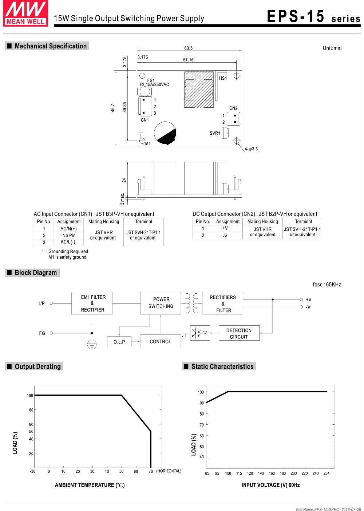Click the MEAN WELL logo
point(25,13)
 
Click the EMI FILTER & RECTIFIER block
point(92,303)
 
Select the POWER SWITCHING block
point(161,303)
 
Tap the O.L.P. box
point(119,341)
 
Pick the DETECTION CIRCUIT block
point(239,333)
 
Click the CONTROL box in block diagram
point(160,341)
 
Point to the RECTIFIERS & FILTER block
point(223,304)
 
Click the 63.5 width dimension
point(188,48)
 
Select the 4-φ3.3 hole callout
point(251,149)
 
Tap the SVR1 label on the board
point(215,133)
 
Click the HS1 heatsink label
point(223,78)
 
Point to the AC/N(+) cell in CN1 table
point(68,229)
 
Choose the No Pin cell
point(69,235)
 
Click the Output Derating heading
point(37,367)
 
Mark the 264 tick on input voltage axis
point(327,473)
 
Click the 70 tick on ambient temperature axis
point(151,471)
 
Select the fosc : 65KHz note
point(327,285)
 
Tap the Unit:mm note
point(332,48)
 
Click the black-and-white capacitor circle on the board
point(165,133)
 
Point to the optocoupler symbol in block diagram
point(200,333)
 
